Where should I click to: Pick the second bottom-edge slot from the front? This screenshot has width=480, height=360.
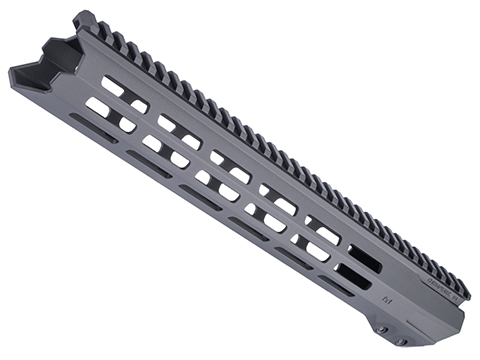[149, 163]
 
